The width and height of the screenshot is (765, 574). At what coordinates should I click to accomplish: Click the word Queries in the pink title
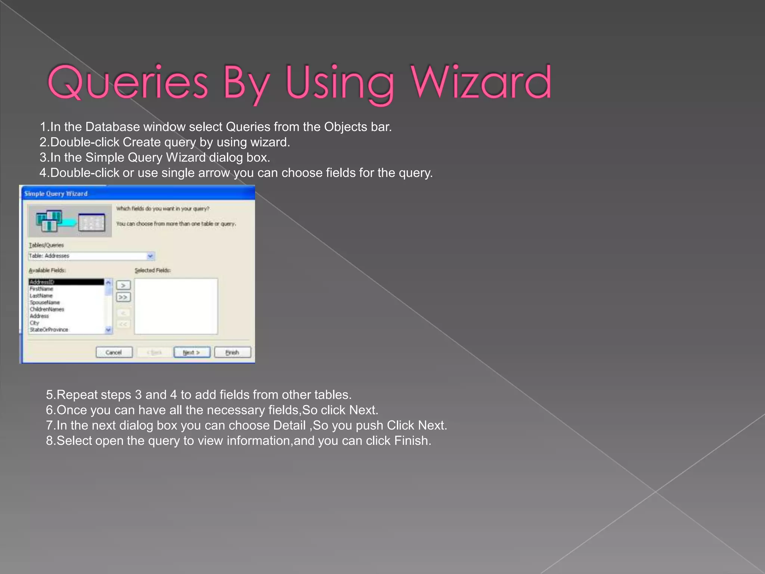127,83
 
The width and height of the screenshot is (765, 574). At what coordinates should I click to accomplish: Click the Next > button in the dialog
192,352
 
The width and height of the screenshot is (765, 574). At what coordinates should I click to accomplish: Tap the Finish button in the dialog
232,352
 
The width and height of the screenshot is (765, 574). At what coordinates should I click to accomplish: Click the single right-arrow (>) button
123,286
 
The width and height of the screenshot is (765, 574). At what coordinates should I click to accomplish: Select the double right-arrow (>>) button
123,297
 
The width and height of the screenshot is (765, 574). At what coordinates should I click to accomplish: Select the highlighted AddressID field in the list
66,282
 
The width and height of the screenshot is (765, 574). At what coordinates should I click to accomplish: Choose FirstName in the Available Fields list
41,289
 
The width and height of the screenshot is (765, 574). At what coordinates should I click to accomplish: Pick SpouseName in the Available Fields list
45,302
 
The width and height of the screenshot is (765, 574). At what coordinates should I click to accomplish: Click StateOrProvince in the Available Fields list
49,330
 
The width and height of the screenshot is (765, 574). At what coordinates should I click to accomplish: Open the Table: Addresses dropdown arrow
150,256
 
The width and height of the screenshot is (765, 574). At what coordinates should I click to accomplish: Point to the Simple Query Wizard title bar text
56,194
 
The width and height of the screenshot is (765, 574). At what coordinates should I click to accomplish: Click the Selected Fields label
153,270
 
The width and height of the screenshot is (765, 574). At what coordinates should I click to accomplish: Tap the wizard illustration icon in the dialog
70,221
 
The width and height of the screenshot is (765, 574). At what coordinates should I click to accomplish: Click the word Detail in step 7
289,426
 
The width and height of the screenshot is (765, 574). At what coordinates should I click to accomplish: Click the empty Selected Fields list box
176,306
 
